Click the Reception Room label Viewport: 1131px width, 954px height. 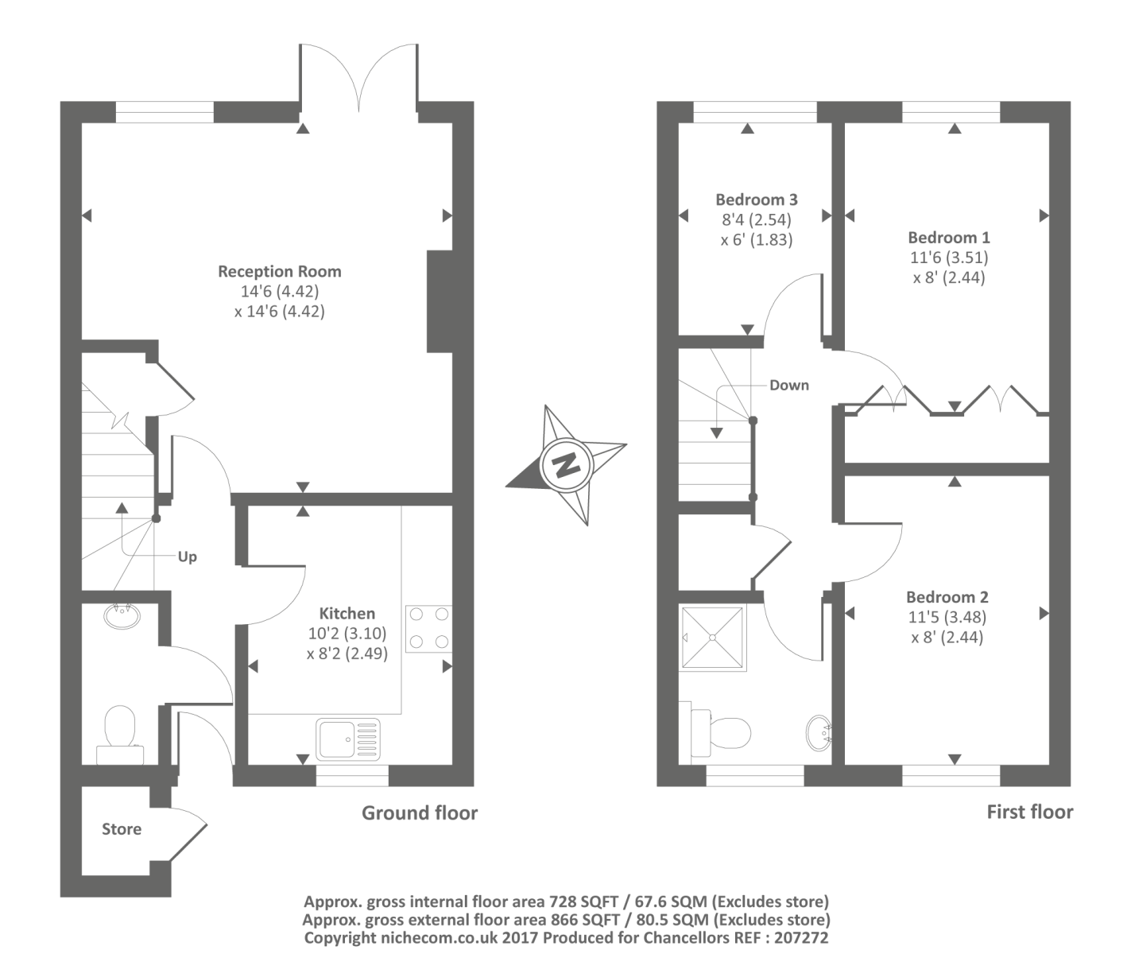[280, 271]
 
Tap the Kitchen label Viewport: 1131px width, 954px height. [347, 613]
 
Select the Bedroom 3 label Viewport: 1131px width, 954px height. [756, 200]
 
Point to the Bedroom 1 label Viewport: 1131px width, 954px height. [949, 237]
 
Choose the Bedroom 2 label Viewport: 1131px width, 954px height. [947, 597]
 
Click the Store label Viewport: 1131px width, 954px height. [122, 829]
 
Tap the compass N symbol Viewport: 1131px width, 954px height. [566, 464]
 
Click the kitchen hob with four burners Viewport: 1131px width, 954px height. [428, 629]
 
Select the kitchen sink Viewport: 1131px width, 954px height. [348, 739]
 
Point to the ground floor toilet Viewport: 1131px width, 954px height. [120, 731]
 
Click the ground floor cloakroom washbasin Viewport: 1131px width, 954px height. [122, 616]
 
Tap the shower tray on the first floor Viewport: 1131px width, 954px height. [714, 638]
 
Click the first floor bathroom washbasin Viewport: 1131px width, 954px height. [819, 732]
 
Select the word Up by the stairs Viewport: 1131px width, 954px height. [187, 556]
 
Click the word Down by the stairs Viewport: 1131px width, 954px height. [788, 385]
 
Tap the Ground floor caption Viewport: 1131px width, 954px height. [420, 812]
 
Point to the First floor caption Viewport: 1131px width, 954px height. [1029, 812]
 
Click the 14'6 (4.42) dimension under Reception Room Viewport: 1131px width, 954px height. [280, 292]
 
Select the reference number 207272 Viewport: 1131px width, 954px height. [800, 938]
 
